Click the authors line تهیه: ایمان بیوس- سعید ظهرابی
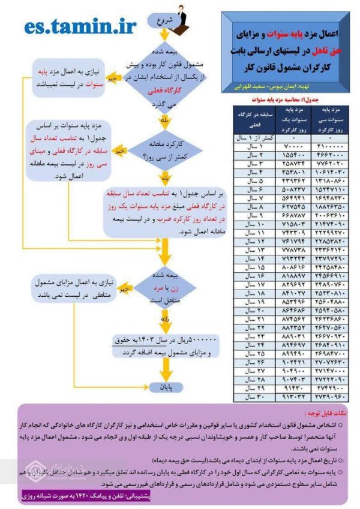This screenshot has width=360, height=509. point(288,85)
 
